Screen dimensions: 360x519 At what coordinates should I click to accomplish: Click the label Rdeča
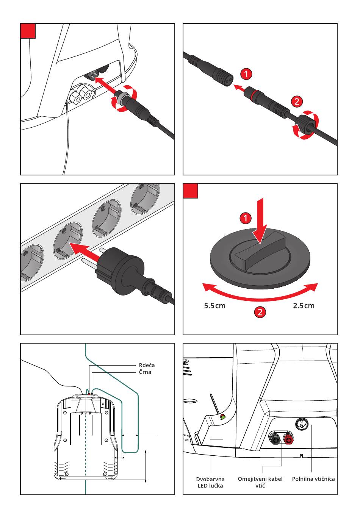coord(147,365)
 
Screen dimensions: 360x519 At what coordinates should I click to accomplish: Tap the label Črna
coord(145,372)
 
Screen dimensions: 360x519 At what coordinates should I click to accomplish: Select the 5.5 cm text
coord(214,306)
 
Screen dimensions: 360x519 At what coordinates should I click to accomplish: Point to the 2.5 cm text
coord(304,306)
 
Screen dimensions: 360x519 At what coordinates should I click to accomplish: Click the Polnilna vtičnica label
coord(313,479)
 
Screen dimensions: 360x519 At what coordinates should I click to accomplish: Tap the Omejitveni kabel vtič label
coord(260,482)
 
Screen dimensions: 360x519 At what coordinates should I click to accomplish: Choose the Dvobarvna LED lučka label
coord(210,482)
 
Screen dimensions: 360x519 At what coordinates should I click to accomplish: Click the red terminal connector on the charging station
coord(288,438)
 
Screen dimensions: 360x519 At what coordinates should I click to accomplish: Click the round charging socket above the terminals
coord(302,424)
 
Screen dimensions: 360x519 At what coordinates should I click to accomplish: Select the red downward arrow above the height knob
coord(260,221)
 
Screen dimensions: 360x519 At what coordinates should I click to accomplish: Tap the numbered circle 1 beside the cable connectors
coord(246,74)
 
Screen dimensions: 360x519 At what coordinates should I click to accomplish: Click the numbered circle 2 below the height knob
coord(260,312)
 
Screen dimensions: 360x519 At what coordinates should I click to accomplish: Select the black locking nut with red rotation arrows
coord(305,124)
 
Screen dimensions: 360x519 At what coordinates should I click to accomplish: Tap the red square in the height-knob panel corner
coord(190,191)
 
